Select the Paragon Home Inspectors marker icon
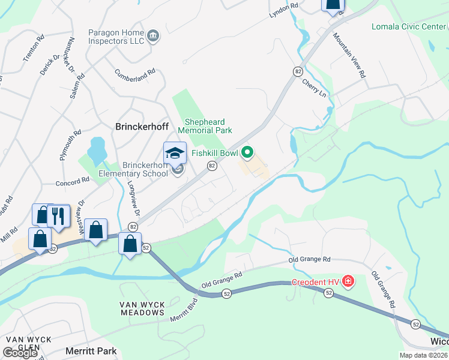tap(153, 36)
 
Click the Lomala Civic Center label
tap(408, 26)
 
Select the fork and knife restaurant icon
tap(58, 216)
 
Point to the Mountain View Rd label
tap(350, 56)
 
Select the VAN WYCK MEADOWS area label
tap(143, 308)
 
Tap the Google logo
tap(20, 353)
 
